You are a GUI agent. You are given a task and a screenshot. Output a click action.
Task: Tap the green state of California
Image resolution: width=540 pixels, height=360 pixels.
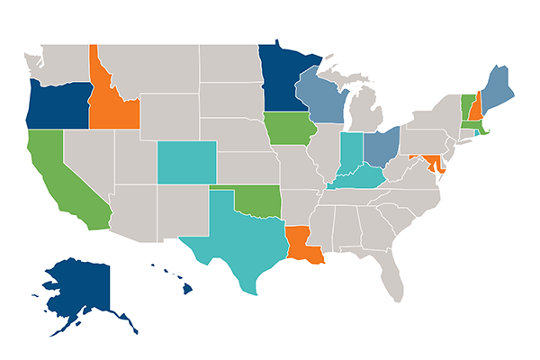point(58,175)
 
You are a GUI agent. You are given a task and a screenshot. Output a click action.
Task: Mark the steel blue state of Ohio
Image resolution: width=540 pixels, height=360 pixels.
point(382,144)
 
